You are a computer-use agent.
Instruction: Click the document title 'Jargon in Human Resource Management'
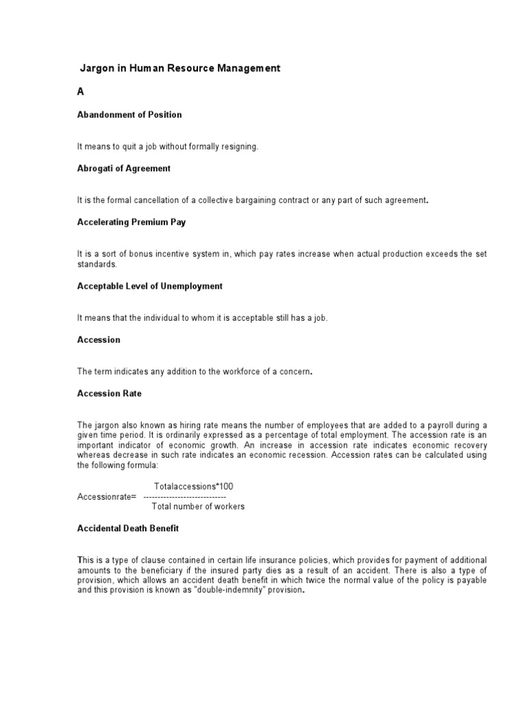(x=181, y=69)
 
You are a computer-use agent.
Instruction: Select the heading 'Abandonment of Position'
(x=129, y=114)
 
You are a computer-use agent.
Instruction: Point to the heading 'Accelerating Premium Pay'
(x=131, y=222)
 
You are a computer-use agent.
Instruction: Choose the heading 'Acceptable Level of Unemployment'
(x=150, y=286)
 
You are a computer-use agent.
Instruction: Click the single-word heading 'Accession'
(x=99, y=339)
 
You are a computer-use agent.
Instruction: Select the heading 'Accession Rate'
(x=110, y=394)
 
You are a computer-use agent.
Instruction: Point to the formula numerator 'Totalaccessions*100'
(x=194, y=486)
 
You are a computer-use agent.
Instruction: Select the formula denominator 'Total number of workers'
(x=198, y=507)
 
